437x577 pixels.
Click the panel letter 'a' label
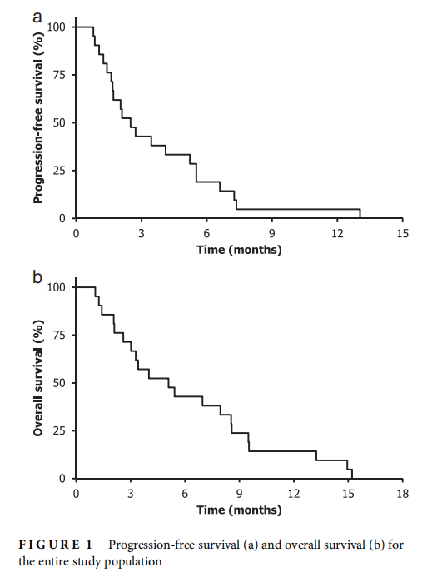[x=37, y=17]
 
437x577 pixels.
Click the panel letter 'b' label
[x=37, y=276]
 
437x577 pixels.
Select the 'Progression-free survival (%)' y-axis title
[x=38, y=117]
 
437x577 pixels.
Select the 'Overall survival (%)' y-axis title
[x=38, y=378]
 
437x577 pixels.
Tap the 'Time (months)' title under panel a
[x=239, y=251]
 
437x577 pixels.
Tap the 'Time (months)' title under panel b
[x=239, y=510]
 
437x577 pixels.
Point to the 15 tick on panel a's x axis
[x=402, y=233]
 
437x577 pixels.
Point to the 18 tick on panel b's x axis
[x=402, y=494]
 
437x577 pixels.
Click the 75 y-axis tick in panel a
[x=59, y=75]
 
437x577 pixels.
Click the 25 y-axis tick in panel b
[x=59, y=431]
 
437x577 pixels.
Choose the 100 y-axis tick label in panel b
[x=57, y=287]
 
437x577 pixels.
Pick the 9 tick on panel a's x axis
[x=272, y=233]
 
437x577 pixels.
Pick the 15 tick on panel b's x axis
[x=348, y=494]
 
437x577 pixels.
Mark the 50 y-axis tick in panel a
[x=59, y=123]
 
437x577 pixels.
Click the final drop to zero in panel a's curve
[x=360, y=214]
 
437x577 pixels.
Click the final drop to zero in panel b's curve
[x=352, y=474]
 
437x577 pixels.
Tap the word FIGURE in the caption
[x=49, y=545]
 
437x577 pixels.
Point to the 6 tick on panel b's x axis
[x=185, y=494]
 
